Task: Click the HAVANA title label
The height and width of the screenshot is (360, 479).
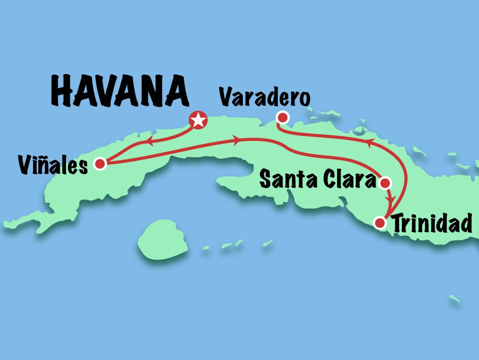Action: point(118,93)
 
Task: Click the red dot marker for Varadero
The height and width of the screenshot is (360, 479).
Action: point(283,117)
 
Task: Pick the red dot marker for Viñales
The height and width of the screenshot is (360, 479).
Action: point(100,164)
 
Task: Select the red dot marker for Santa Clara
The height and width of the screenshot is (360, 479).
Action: point(385,182)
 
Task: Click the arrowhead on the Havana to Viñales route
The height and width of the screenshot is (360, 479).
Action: point(149,141)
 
